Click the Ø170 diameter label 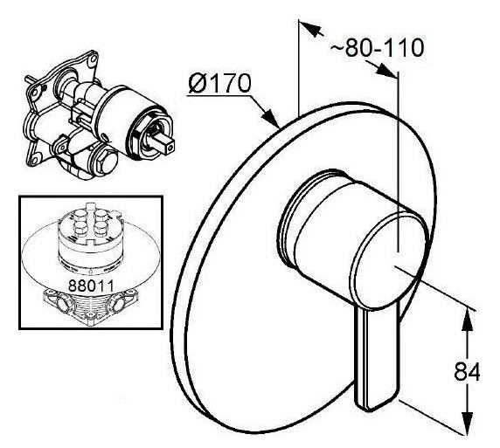coord(219,84)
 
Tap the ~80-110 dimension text coord(378,48)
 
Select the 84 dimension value coord(467,371)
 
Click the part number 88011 coord(91,286)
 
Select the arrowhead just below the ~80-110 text coord(385,70)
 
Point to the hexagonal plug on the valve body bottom coord(107,161)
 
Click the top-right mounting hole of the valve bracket coord(93,59)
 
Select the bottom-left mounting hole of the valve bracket coord(35,158)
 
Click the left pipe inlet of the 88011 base coord(62,301)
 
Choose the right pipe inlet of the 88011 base coord(119,304)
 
